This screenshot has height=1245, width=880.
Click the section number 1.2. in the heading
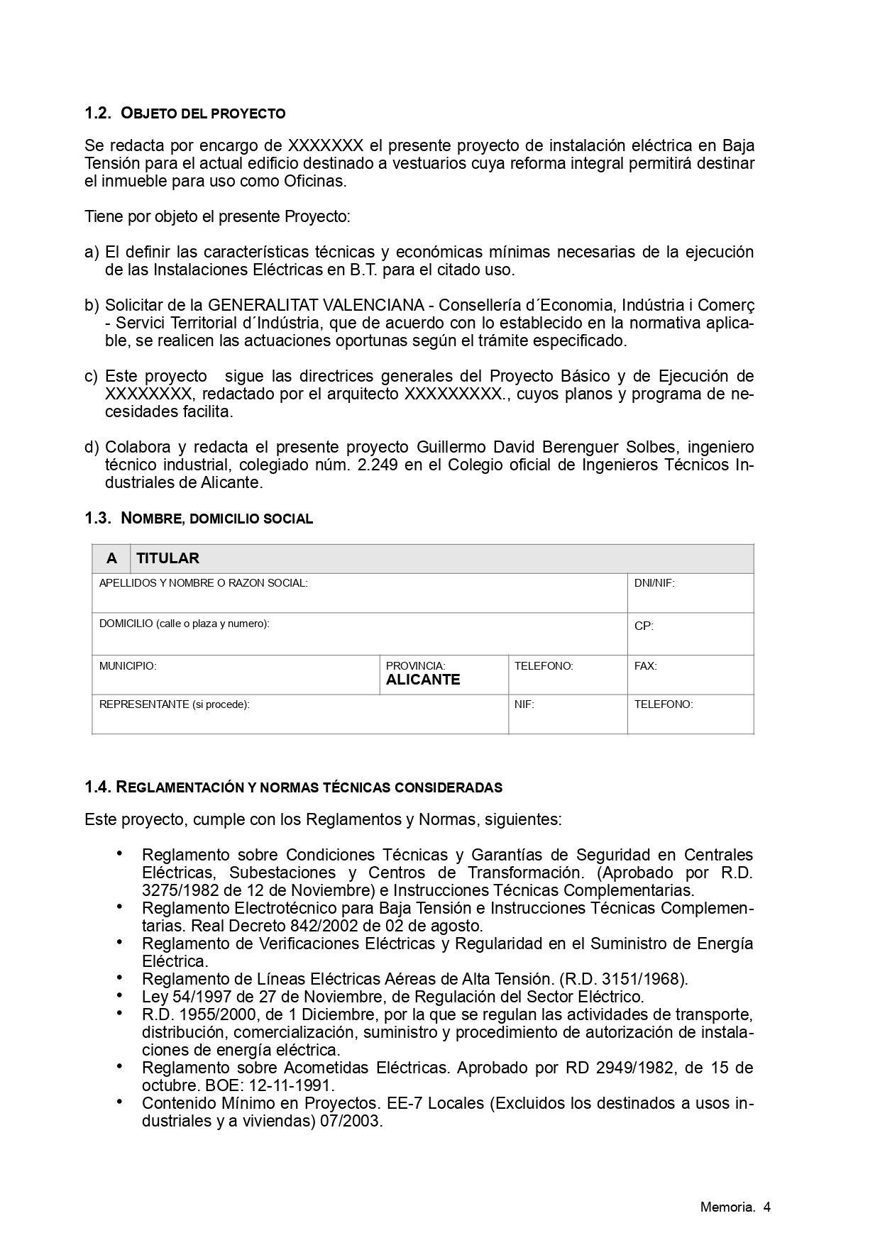click(x=98, y=114)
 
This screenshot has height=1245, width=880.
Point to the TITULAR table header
click(x=168, y=559)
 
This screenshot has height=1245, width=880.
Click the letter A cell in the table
click(x=111, y=559)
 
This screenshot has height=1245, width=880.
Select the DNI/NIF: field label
click(x=654, y=583)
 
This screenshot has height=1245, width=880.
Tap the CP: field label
click(x=644, y=626)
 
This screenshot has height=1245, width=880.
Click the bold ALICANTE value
click(x=423, y=680)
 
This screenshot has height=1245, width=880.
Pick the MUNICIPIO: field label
click(x=128, y=666)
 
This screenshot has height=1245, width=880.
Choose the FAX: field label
click(x=646, y=666)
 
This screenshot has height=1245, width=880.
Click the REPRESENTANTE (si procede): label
click(x=175, y=704)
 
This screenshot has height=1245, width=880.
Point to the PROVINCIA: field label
click(x=415, y=666)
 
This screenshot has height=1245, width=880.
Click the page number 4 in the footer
click(x=767, y=1207)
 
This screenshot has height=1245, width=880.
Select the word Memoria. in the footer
click(x=727, y=1207)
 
